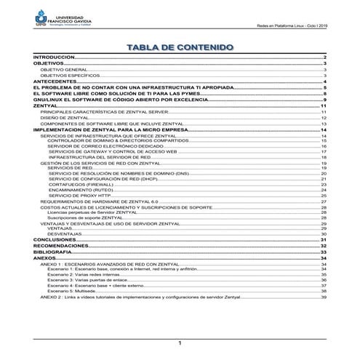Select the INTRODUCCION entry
coord(55,57)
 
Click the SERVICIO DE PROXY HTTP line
coord(79,196)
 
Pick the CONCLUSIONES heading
coord(55,239)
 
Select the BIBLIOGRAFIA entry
coord(53,252)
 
